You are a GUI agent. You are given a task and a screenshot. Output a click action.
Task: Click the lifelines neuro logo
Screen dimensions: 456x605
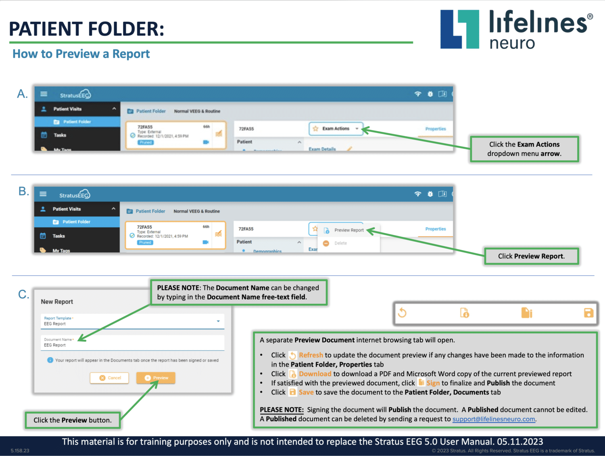[x=516, y=29]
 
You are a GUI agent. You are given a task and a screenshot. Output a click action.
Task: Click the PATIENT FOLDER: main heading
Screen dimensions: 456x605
[x=87, y=29]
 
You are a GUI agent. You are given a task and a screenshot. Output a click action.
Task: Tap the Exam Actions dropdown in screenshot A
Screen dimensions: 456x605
[x=336, y=129]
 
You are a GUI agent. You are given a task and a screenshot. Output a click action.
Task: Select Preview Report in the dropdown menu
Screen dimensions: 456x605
[x=348, y=230]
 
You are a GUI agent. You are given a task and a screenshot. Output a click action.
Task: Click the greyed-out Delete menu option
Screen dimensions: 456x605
[x=340, y=243]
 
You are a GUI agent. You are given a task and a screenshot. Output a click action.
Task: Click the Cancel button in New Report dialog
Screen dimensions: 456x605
[x=110, y=378]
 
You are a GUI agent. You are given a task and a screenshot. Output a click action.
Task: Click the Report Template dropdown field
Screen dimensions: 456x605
[x=132, y=322]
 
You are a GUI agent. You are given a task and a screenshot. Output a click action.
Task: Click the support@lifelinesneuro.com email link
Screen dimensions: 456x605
[x=494, y=419]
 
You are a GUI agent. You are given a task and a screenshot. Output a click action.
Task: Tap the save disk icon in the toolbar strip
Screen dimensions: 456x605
[x=588, y=313]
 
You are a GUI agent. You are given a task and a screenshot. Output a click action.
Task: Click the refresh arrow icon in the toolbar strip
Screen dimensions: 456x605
[x=402, y=313]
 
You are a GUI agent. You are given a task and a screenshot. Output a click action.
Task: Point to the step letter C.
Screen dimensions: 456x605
[x=23, y=295]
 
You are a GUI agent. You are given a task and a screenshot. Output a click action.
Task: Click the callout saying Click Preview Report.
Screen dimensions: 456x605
[x=531, y=256]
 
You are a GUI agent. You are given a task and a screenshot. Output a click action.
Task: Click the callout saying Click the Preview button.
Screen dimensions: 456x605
[x=72, y=420]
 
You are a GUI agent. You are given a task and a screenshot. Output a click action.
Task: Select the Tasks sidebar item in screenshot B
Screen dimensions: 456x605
[x=58, y=236]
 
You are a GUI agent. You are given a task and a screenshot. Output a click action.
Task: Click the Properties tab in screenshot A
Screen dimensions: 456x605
[x=436, y=129]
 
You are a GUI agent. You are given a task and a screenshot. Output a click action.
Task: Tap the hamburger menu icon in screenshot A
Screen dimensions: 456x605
[x=44, y=94]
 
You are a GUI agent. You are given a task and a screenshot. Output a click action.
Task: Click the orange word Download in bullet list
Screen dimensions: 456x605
[x=315, y=374]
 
